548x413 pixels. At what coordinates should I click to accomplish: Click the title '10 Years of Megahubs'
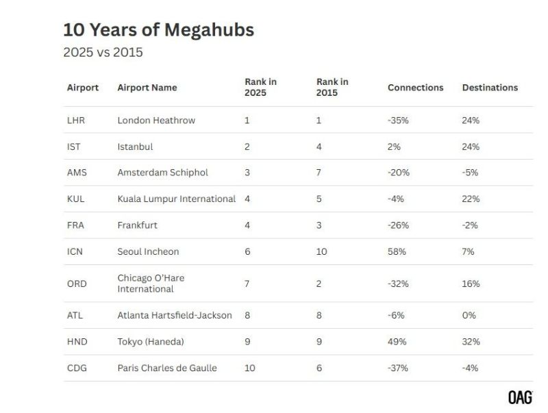pos(158,30)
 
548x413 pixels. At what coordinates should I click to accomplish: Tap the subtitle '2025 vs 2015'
pos(103,52)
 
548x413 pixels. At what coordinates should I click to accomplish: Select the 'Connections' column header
pos(415,88)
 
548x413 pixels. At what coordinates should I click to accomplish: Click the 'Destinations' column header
pos(490,88)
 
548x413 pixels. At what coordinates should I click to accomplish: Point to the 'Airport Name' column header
pos(147,88)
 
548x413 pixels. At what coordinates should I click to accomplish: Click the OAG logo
pos(520,397)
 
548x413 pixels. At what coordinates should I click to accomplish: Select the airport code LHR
pos(77,121)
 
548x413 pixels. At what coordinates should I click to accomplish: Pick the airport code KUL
pos(77,199)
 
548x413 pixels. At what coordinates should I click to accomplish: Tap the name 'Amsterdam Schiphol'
pos(162,173)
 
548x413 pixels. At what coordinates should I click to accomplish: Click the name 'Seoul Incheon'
pos(148,252)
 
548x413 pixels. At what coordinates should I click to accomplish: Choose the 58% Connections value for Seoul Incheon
pos(397,252)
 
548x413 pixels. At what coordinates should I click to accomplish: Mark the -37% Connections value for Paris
pos(398,368)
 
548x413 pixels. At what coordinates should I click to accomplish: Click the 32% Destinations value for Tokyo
pos(471,342)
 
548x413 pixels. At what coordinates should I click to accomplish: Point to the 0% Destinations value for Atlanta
pos(469,316)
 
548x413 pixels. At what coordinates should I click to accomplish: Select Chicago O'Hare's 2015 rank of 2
pos(319,284)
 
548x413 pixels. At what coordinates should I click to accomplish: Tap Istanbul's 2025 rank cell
pos(247,147)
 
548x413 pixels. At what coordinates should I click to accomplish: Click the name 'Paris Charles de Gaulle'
pos(167,368)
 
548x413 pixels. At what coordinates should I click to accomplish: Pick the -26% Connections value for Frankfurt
pos(398,225)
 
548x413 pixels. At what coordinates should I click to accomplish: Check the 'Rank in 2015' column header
pos(332,87)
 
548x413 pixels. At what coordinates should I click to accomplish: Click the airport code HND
pos(77,342)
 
